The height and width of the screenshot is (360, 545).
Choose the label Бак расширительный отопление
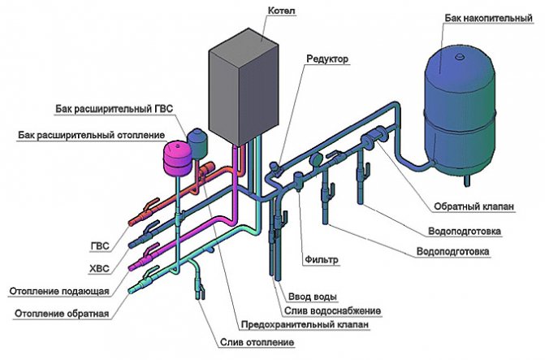click(91, 134)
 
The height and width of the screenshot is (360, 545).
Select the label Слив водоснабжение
click(333, 310)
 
